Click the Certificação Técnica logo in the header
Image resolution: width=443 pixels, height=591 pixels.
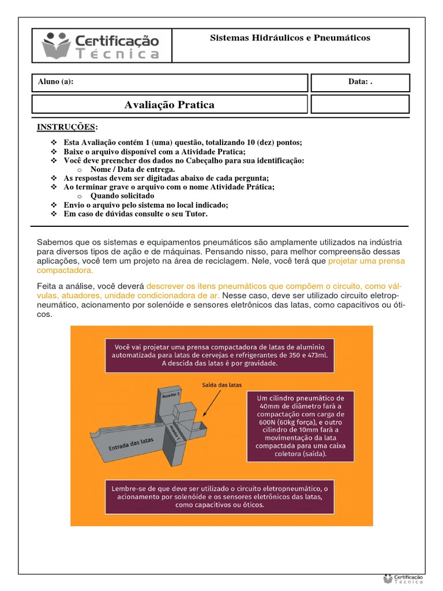pyautogui.click(x=101, y=46)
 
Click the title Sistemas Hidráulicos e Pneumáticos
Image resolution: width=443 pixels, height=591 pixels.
pyautogui.click(x=290, y=38)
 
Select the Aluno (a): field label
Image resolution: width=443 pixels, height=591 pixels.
pyautogui.click(x=55, y=82)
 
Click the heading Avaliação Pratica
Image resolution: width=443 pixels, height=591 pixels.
pyautogui.click(x=169, y=104)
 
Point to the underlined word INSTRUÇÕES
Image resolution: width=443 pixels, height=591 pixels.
pyautogui.click(x=67, y=127)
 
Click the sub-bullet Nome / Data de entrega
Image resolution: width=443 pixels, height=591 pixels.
pyautogui.click(x=132, y=170)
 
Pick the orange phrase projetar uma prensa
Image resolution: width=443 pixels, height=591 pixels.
pyautogui.click(x=366, y=261)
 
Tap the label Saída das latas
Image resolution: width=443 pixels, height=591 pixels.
pyautogui.click(x=222, y=384)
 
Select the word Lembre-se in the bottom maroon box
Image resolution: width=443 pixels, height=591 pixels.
pyautogui.click(x=129, y=488)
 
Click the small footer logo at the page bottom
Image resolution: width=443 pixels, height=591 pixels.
pyautogui.click(x=403, y=579)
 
